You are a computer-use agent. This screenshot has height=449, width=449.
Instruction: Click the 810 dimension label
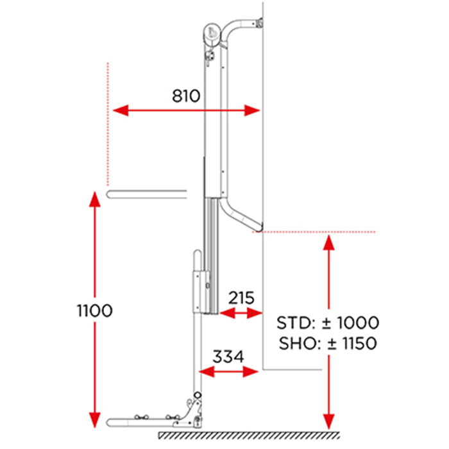click(186, 96)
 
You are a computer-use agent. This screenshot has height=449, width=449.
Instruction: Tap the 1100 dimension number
click(95, 310)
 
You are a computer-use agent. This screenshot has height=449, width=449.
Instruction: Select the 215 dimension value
click(241, 298)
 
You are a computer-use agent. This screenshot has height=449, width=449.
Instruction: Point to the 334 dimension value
click(228, 357)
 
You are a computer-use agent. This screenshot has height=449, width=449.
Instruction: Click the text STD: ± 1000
click(328, 323)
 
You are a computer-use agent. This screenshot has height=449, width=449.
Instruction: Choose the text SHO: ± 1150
click(328, 343)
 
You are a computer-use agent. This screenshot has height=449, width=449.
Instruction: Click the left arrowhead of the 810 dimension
click(121, 110)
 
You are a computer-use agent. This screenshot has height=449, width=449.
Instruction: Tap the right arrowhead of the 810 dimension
click(252, 110)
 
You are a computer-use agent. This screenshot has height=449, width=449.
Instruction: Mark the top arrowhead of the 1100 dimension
click(95, 199)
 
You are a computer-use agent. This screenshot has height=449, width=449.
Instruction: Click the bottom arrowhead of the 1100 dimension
click(95, 420)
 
